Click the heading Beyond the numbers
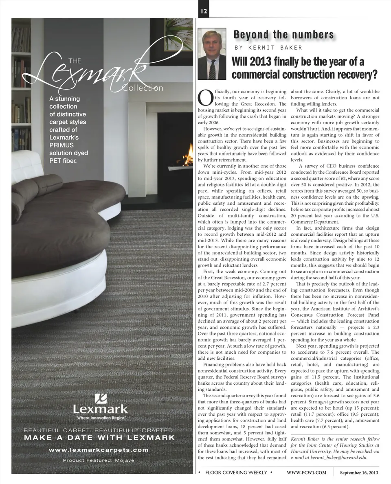click(283, 35)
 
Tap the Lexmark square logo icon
click(101, 398)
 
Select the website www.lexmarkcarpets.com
click(99, 450)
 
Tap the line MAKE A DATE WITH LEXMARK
click(100, 438)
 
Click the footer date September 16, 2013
click(359, 473)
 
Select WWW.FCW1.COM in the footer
click(307, 473)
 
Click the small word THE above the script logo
click(75, 61)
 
